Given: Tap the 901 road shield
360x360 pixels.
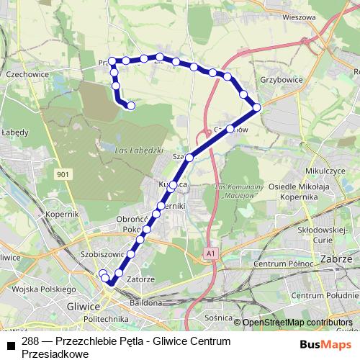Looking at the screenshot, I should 63,174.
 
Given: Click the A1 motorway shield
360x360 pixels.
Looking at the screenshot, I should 209,253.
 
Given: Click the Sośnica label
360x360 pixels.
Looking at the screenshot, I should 219,317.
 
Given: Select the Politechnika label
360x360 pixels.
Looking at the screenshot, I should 105,318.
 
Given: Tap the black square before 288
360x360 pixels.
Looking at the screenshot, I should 11,346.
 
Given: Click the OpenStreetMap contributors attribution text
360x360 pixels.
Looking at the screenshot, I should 297,322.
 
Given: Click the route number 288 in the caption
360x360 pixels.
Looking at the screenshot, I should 30,341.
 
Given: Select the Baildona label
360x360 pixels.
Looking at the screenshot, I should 145,302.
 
